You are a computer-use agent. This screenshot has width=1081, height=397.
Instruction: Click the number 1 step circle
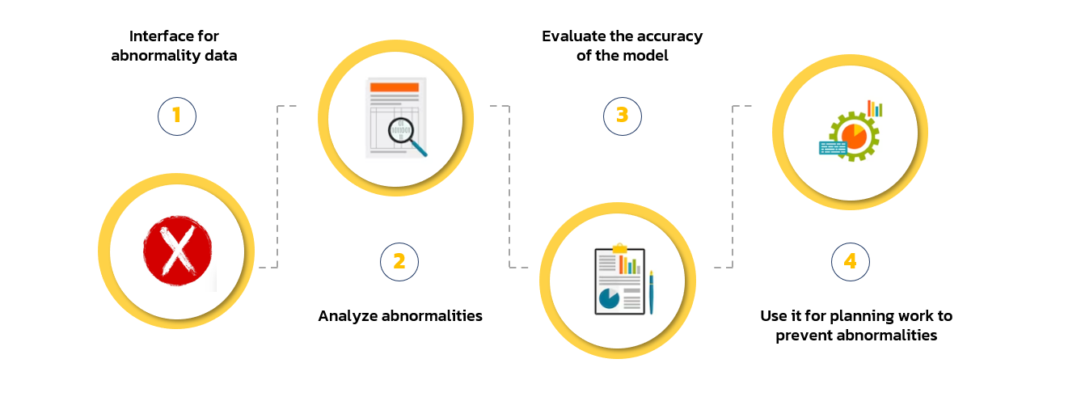(x=176, y=116)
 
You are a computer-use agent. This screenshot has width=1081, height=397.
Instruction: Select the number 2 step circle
(x=399, y=262)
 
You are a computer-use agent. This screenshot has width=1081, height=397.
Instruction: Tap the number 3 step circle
(x=622, y=116)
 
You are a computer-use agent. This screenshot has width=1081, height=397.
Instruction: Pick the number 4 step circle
(x=851, y=262)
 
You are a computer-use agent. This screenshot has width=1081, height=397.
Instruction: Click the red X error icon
(x=178, y=251)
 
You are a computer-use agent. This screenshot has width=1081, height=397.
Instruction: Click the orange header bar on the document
(x=395, y=87)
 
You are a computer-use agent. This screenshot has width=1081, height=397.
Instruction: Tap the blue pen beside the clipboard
(x=651, y=293)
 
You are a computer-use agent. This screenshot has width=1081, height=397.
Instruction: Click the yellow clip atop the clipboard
(x=619, y=248)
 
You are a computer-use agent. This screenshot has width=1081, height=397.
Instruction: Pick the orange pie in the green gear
(x=854, y=137)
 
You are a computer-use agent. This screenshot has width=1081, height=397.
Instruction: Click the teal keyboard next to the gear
(x=833, y=148)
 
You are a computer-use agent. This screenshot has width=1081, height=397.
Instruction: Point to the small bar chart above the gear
(x=875, y=108)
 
